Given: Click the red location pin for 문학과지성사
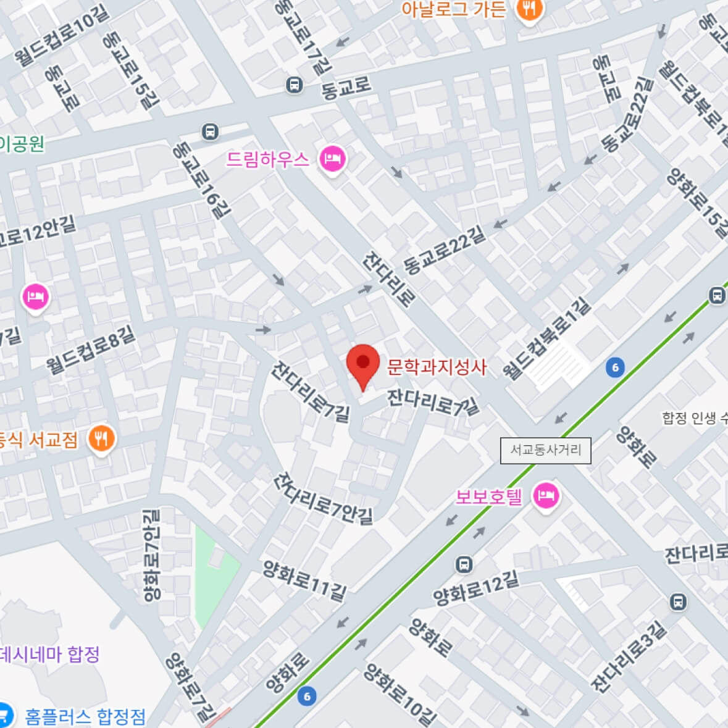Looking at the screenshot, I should (362, 364).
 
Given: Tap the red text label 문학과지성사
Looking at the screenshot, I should (437, 367).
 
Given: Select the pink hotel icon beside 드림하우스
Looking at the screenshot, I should (332, 159).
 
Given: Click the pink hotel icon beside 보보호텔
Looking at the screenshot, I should (546, 495).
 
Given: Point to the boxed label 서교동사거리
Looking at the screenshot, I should (545, 450).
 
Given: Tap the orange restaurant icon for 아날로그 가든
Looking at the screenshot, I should (529, 9).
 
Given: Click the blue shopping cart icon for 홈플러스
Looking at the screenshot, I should (5, 715).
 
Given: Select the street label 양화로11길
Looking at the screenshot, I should (304, 580).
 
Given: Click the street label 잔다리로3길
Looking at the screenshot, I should (629, 657).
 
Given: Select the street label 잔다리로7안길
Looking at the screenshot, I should (325, 498).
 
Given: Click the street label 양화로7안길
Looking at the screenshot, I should (151, 554).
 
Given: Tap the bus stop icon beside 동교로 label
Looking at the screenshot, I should (295, 85).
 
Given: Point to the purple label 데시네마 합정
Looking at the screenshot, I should (49, 654).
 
